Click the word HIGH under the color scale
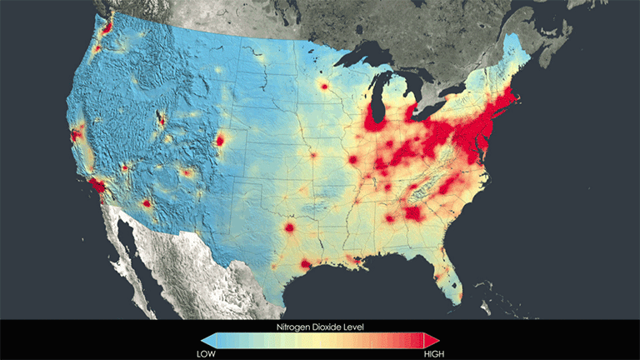[432, 352]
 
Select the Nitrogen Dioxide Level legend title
[320, 327]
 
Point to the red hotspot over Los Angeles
[96, 185]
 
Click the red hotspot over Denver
[220, 140]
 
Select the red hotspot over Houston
[306, 264]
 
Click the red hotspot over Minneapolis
[322, 86]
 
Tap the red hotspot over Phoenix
[147, 202]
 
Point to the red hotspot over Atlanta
[412, 214]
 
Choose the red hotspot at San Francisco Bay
[77, 133]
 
